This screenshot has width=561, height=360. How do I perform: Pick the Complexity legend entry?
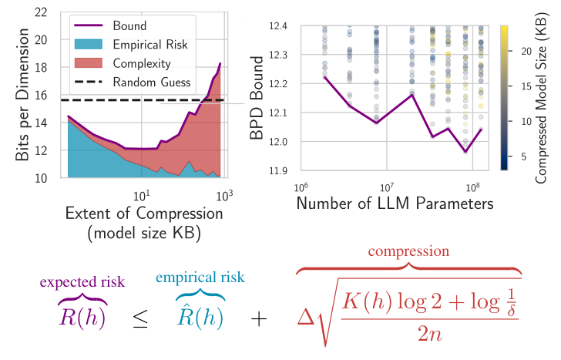point(140,63)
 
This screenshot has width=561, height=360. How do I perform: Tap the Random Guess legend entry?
point(149,82)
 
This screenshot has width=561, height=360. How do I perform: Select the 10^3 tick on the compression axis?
point(224,194)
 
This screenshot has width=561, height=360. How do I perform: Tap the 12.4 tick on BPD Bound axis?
point(279,26)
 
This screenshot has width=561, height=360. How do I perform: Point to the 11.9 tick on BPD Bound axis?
point(279,170)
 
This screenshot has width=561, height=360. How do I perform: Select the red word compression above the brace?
point(408,251)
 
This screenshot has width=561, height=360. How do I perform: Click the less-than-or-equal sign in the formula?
point(140,320)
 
